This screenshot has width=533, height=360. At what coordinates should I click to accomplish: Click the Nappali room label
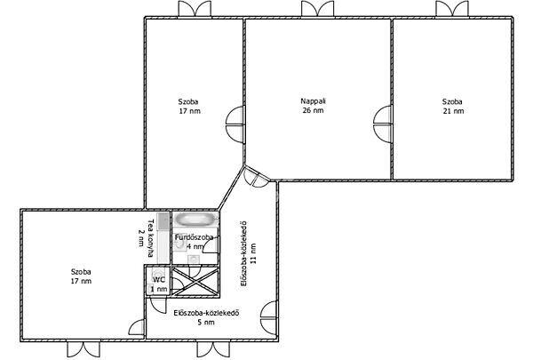pos(313,101)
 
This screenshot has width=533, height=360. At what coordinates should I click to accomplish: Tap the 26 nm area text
pos(313,110)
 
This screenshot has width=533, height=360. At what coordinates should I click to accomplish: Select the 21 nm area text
pos(453,111)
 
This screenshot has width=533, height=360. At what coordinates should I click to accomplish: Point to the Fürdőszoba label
pos(194,237)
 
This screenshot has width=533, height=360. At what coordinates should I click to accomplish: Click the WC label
pos(159,280)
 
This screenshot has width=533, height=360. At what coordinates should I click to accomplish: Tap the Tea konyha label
pos(150,237)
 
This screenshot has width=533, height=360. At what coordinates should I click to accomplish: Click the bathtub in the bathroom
pos(196,220)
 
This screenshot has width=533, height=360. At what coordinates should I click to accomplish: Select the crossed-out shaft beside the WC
pos(195,281)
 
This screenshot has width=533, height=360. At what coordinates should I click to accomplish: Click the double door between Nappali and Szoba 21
pos(383,124)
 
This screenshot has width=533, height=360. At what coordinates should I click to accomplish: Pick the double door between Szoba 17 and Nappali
pos(235,125)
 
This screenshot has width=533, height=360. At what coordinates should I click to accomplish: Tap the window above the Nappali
pos(317,9)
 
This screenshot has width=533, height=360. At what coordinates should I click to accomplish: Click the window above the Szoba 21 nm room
pos(452,9)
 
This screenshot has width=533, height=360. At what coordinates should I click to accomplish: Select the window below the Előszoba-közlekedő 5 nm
pos(213,349)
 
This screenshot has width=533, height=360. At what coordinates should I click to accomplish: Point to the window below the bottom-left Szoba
pos(84,349)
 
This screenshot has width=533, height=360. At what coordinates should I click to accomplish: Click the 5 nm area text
pos(206,322)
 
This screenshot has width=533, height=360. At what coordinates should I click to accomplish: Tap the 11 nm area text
pos(253,253)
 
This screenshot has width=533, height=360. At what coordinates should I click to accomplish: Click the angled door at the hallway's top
pos(257,177)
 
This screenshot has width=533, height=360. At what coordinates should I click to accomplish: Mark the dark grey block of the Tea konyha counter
pos(163,220)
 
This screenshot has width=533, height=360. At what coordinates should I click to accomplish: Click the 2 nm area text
pos(141,238)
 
